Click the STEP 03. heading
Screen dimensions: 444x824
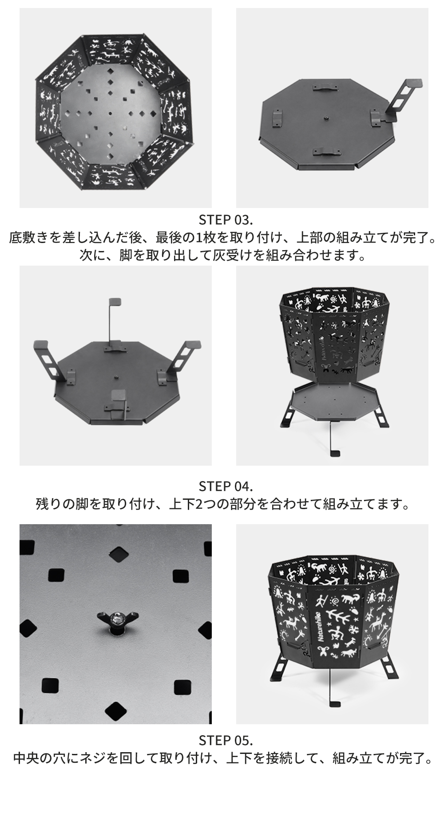(x=226, y=220)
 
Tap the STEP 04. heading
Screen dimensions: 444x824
(x=226, y=486)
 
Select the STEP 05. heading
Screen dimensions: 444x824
(x=226, y=740)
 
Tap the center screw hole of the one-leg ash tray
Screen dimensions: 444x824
(x=325, y=118)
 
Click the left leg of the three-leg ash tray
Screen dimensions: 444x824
(x=52, y=360)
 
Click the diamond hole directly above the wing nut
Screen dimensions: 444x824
(x=118, y=554)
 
